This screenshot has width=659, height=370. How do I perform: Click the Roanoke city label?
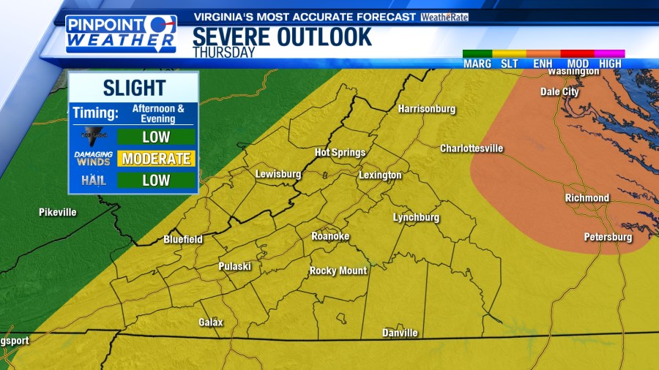point(330,236)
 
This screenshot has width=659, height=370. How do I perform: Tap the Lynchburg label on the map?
point(416,218)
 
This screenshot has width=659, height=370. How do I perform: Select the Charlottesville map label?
point(472,148)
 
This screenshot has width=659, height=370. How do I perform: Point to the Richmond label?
point(587,198)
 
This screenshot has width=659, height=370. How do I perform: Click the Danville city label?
point(400,333)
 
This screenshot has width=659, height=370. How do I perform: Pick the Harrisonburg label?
point(426,109)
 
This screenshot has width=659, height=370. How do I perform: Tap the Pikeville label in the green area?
point(57,212)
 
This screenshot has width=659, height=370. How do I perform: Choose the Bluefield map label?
point(182,239)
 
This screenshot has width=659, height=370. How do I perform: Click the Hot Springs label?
point(340,152)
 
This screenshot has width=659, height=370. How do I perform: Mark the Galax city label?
point(211,322)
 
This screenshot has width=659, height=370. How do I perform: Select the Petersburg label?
point(608,237)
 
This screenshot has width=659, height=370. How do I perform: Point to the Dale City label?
point(559,92)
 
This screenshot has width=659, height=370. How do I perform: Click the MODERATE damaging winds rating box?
point(156,159)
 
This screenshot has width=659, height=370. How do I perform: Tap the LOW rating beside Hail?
point(156,181)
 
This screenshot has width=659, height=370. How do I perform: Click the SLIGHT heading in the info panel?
point(134,88)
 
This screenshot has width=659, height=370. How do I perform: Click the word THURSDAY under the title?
point(224,53)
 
